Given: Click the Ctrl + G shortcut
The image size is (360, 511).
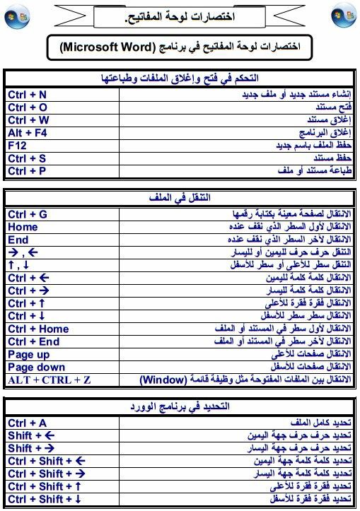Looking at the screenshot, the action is (28, 213).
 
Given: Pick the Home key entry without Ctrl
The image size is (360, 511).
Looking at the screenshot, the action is (23, 226).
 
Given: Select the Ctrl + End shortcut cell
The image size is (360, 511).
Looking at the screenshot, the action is (33, 341).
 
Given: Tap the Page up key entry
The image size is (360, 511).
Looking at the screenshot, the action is (29, 354).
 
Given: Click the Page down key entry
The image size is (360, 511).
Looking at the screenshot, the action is (36, 367).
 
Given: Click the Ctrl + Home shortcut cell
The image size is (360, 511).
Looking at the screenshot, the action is (38, 329).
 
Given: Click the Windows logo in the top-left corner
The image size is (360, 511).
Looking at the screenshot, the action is (16, 16).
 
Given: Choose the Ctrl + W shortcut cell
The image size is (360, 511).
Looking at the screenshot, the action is (28, 119).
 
